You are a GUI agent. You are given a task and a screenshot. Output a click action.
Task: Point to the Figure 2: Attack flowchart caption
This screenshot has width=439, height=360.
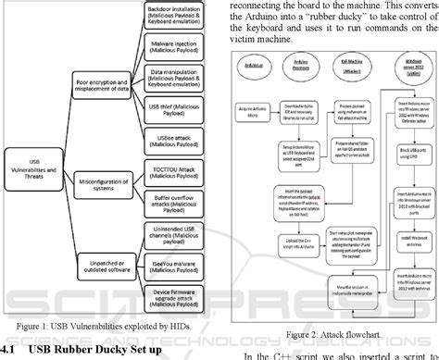(315, 332)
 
